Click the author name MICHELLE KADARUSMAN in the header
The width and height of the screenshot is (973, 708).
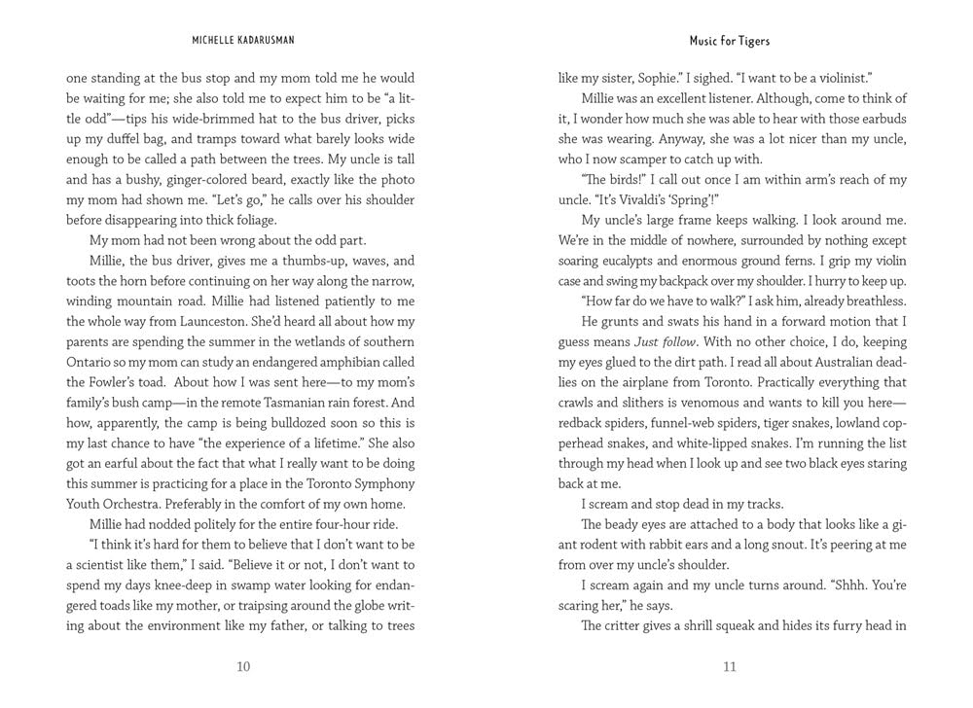(x=243, y=42)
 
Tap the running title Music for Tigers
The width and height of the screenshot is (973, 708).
(x=730, y=42)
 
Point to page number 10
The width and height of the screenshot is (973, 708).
(x=243, y=666)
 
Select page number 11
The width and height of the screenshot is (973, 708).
(x=730, y=666)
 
